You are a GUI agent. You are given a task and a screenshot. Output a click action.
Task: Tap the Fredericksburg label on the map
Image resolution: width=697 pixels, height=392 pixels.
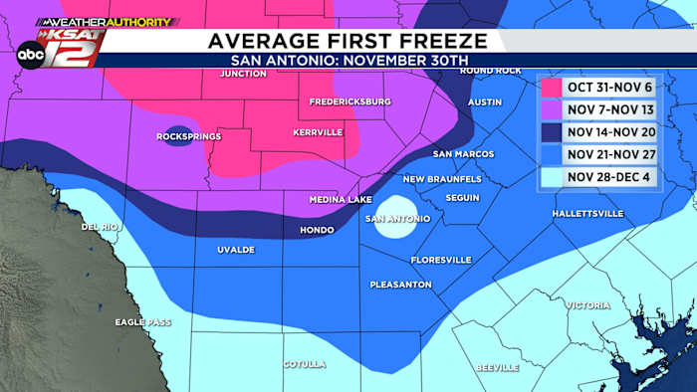point(349,101)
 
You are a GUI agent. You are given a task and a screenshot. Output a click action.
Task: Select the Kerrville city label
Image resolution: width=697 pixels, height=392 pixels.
point(318,132)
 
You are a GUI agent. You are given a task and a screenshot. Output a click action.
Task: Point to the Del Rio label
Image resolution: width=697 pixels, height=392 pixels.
point(101,227)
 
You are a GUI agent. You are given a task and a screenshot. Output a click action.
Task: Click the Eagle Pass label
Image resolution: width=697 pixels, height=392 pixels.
point(142,322)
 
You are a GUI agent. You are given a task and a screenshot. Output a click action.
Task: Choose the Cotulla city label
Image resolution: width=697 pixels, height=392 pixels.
point(304,364)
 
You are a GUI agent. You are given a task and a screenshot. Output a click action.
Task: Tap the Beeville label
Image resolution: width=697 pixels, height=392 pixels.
point(498,367)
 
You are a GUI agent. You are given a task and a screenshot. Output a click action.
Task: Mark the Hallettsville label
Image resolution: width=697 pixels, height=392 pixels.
point(588,214)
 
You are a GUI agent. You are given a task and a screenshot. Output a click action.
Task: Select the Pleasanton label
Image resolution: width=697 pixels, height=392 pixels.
point(400,285)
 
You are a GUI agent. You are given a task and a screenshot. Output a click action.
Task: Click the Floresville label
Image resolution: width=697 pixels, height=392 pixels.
point(440,260)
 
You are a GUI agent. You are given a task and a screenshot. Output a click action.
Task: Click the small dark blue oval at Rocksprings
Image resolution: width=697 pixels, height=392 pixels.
point(176,139)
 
